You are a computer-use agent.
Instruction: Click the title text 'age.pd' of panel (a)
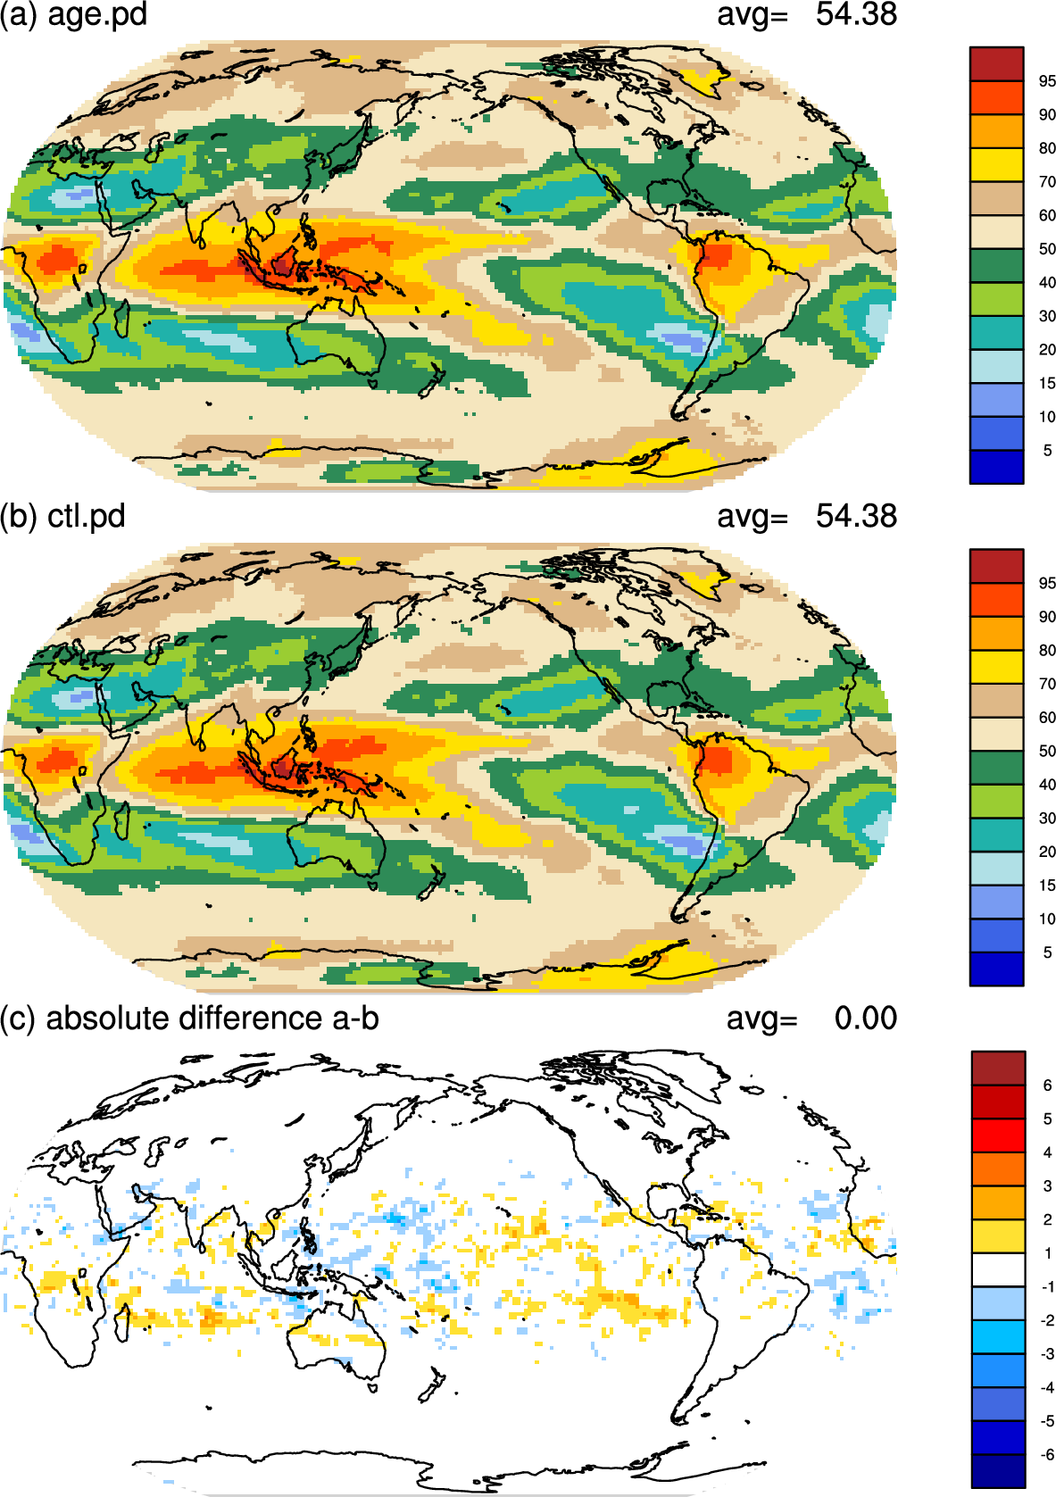click(97, 14)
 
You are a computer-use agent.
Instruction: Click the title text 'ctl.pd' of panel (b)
click(87, 517)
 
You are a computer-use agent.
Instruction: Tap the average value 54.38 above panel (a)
click(856, 14)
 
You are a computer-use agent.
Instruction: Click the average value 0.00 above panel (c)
click(866, 1018)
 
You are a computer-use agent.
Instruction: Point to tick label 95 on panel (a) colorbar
click(1047, 81)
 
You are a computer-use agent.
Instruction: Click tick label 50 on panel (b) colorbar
click(1047, 751)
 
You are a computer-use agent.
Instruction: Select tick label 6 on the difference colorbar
click(1047, 1085)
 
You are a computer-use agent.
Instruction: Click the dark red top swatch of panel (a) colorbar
click(996, 64)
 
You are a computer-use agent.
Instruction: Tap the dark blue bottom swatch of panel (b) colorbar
click(996, 969)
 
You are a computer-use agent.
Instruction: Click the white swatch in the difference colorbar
click(998, 1269)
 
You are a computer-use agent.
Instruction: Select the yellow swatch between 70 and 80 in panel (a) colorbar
click(996, 165)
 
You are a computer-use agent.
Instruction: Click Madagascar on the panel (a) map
click(122, 318)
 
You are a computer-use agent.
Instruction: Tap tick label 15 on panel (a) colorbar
click(1047, 383)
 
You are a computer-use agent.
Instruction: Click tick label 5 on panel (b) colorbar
click(1047, 952)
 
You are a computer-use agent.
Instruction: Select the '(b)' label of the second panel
click(20, 517)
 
